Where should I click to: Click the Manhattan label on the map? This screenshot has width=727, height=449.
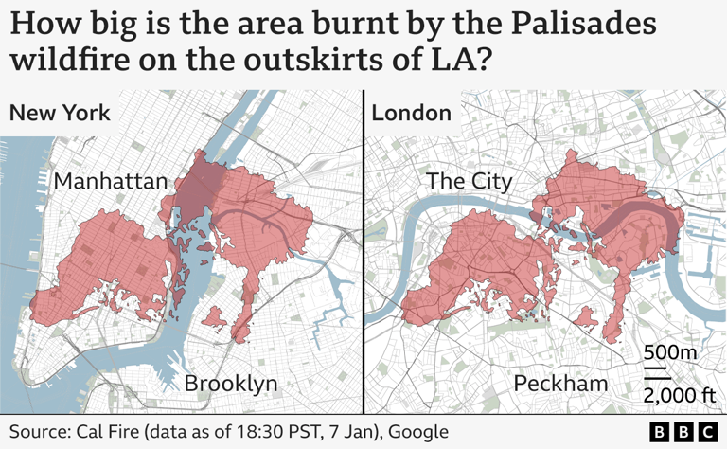pyautogui.click(x=111, y=181)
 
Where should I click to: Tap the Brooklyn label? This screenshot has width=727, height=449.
pyautogui.click(x=231, y=384)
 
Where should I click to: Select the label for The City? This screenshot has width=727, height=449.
pyautogui.click(x=470, y=181)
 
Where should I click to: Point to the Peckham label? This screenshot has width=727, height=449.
pyautogui.click(x=560, y=384)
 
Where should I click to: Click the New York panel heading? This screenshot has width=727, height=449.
pyautogui.click(x=60, y=114)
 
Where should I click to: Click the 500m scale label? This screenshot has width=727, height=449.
pyautogui.click(x=670, y=352)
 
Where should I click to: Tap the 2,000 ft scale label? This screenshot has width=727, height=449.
pyautogui.click(x=678, y=394)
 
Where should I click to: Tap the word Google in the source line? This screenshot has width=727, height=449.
pyautogui.click(x=417, y=431)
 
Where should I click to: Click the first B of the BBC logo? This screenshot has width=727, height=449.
pyautogui.click(x=661, y=432)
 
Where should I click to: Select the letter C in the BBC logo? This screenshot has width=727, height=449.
pyautogui.click(x=707, y=432)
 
